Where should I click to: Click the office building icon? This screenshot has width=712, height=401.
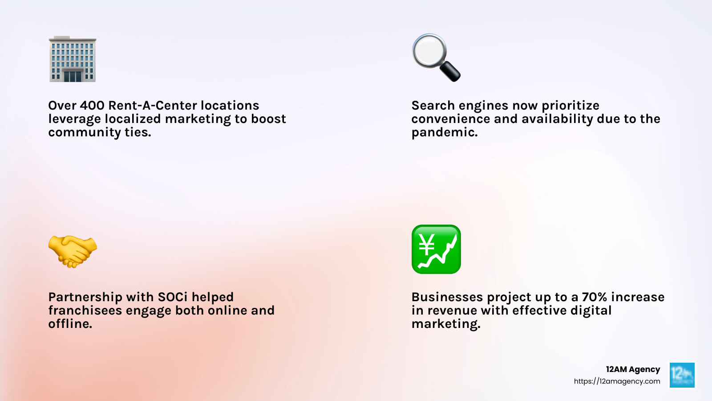(72, 59)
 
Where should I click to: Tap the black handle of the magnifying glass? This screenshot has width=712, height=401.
(450, 71)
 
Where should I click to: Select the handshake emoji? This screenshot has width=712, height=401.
(72, 251)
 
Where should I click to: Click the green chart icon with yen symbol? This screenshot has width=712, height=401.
(436, 249)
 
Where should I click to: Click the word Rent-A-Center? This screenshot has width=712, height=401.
(153, 106)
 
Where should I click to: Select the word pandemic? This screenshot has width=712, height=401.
(444, 132)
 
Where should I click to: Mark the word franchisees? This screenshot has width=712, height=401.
(85, 311)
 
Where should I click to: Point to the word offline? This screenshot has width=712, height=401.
(70, 324)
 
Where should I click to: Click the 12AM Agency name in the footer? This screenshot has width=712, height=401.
(633, 369)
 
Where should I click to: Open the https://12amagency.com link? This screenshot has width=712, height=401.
(617, 381)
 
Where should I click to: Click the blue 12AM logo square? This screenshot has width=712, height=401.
(682, 375)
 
